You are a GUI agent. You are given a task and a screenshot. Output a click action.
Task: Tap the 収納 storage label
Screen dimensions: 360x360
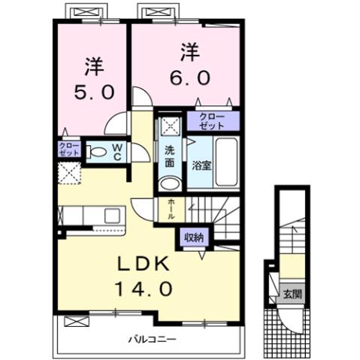pos(194,237)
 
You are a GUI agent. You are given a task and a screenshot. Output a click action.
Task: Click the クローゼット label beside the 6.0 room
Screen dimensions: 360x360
pos(213,120)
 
